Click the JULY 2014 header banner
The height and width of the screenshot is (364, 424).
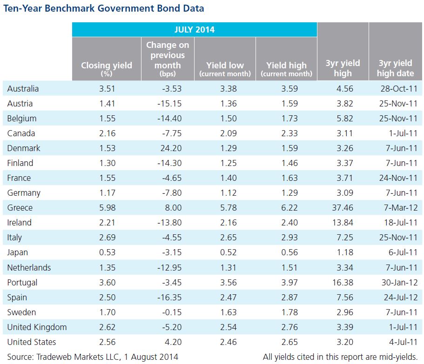pos(195,29)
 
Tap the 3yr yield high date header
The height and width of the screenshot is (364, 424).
pos(395,68)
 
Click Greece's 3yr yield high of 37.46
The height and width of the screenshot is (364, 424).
pos(343,208)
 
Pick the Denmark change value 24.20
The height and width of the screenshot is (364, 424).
pos(171,148)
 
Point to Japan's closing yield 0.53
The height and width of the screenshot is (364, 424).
pos(108,252)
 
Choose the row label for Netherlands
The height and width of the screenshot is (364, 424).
pos(29,268)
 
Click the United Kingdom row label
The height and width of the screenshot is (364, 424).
pos(37,327)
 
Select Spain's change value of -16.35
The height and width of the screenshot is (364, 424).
pos(169,298)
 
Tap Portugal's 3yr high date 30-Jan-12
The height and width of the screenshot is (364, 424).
pos(400,283)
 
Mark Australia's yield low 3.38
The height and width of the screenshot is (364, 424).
pos(229,89)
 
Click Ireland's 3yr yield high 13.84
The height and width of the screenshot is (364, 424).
pos(343,223)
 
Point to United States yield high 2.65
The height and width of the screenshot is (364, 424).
pos(289,342)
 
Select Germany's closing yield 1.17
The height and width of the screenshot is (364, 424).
pos(108,193)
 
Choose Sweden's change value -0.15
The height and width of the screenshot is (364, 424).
pos(172,312)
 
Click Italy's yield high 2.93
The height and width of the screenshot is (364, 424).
pos(289,238)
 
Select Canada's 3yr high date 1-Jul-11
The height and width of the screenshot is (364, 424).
pos(403,133)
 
